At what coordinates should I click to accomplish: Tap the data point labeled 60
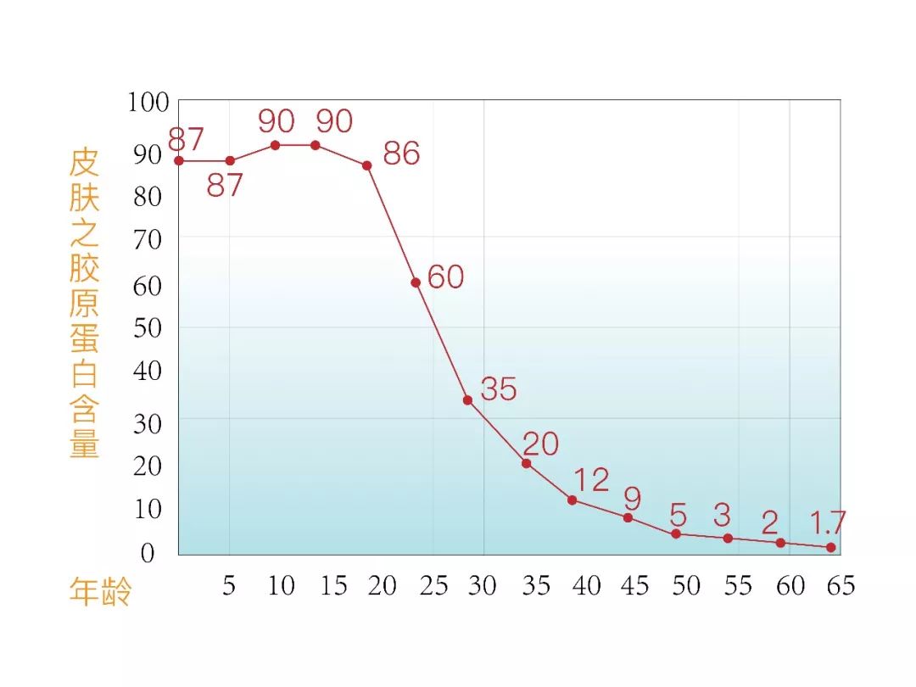coord(416,282)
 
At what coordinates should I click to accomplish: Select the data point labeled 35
coord(467,399)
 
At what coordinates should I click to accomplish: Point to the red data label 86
coord(401,154)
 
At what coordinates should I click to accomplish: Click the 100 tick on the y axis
coord(148,103)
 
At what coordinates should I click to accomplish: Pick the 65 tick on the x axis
coord(838,585)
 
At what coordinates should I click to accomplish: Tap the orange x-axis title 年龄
coord(100,591)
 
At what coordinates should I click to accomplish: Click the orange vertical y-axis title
coord(85,304)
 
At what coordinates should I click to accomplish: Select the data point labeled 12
coord(572,500)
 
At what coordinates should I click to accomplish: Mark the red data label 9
coord(632,496)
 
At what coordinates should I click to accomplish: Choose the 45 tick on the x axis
coord(634,585)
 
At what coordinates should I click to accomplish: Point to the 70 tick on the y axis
coord(147,240)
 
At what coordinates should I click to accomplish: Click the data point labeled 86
coord(367,165)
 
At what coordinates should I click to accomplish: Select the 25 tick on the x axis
coord(433,585)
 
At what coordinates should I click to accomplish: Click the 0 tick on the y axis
coord(148,554)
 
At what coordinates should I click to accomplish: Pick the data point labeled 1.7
coord(831,547)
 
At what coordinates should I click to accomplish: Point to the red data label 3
coord(722,514)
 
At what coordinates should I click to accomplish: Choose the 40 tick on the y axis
coord(147,371)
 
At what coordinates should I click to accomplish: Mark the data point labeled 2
coord(780,543)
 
